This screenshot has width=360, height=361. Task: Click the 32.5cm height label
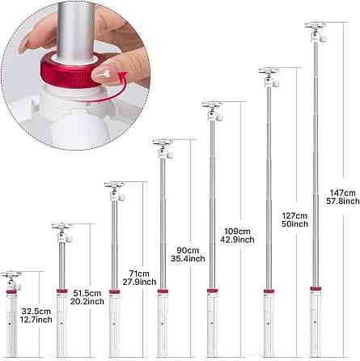coord(36,312)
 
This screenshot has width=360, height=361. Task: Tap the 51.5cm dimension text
coord(87,293)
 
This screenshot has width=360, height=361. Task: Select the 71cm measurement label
coord(139,274)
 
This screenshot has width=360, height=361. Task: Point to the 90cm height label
coord(188,250)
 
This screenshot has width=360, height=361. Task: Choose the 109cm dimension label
coord(237,231)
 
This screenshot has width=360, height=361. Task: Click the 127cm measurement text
coord(294,215)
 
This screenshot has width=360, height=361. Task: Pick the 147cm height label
coord(343,193)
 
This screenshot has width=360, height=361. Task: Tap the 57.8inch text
coord(343,202)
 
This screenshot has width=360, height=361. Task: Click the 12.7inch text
coord(36,320)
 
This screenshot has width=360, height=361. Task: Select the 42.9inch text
coord(237,240)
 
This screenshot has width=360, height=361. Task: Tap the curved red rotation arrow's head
coord(123,76)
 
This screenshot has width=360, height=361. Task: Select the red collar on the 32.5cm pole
coord(11,291)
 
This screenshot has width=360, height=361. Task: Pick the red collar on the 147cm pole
coord(316,289)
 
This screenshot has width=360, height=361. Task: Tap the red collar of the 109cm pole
coord(213,291)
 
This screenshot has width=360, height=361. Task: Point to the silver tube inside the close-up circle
coord(74,30)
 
